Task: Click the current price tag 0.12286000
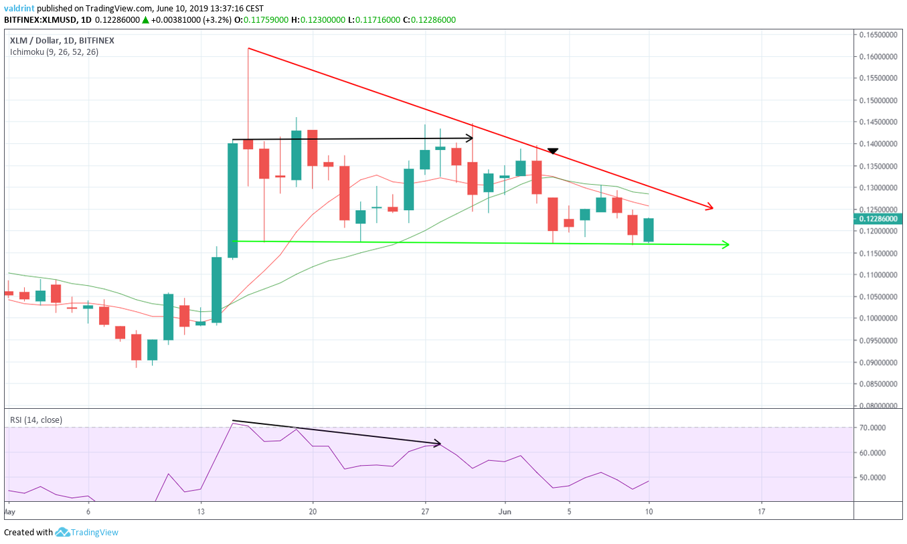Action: [878, 218]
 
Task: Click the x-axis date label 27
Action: [425, 511]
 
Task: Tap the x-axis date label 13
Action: [200, 511]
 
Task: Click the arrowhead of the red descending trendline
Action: [711, 208]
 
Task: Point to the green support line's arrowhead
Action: [726, 245]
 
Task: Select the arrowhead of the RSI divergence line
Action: [438, 443]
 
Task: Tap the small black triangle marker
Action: [553, 152]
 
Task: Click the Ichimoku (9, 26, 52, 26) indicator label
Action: [54, 52]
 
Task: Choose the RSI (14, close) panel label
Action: [36, 420]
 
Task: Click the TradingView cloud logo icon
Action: [63, 533]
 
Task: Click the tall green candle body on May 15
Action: [232, 201]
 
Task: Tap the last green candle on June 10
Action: [648, 230]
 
